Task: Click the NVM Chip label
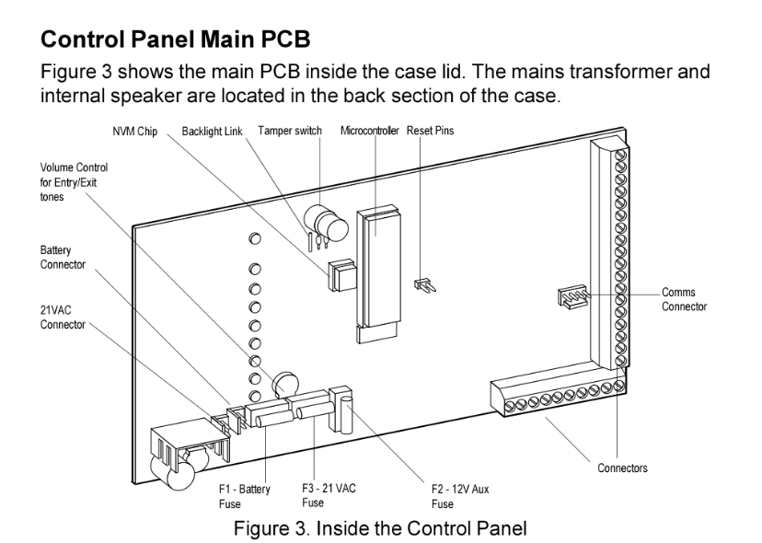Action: [135, 132]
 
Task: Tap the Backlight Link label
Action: [212, 132]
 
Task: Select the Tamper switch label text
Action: [290, 131]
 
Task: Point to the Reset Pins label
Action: [430, 131]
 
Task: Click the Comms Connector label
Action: [685, 299]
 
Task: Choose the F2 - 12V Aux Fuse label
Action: [460, 496]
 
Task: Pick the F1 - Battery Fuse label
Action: [245, 496]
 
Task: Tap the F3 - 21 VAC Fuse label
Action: [329, 495]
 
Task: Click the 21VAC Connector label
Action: [63, 318]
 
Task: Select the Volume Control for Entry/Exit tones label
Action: [74, 182]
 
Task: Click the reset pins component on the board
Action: [425, 285]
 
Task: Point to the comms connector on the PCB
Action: [573, 296]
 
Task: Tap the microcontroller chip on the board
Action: [378, 270]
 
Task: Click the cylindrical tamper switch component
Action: [326, 223]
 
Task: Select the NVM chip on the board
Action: [342, 275]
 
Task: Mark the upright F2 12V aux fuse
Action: [345, 415]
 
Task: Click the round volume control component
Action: [284, 384]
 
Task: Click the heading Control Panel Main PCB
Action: [176, 40]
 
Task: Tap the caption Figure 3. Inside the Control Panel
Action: [380, 528]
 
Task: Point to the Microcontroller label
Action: [369, 131]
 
